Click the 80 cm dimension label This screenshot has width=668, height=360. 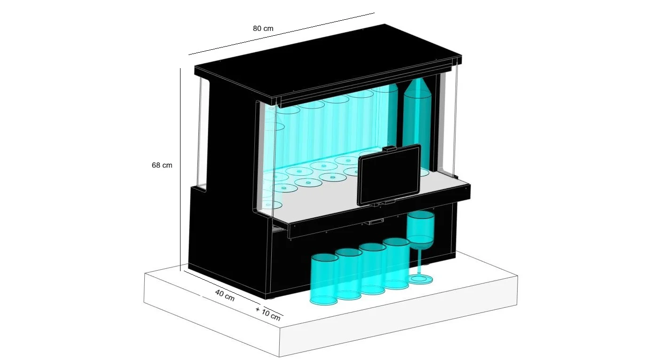263,28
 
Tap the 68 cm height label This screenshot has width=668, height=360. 162,165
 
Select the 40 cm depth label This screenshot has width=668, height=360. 225,295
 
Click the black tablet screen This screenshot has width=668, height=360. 389,175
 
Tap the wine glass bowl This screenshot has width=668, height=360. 421,228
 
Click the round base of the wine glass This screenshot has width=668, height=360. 420,280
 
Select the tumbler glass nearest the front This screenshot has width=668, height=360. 324,279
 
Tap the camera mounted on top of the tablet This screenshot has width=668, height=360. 389,148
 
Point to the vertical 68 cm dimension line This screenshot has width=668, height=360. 180,170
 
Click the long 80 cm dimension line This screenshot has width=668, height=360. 281,34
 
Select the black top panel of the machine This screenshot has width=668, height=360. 328,61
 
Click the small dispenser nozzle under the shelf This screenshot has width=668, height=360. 373,222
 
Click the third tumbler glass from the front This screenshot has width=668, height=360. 372,268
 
